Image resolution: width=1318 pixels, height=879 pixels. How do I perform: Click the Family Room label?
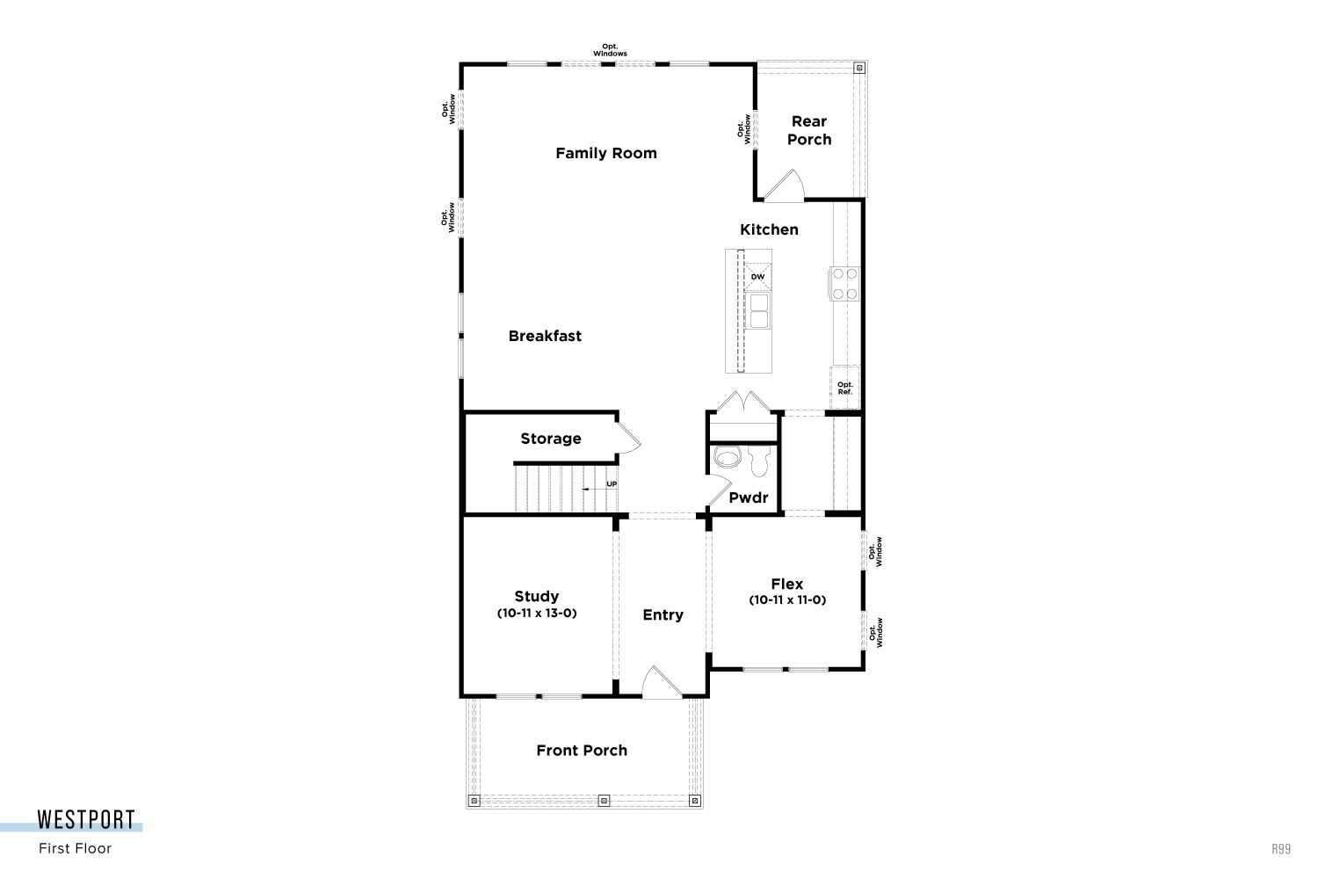606,153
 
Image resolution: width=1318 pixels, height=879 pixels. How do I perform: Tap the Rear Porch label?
809,130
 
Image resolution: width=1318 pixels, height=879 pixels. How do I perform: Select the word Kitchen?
769,229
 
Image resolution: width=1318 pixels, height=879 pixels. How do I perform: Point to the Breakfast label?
545,336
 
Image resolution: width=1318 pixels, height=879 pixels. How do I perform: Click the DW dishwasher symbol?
757,277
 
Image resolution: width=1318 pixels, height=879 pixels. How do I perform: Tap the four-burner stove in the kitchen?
845,283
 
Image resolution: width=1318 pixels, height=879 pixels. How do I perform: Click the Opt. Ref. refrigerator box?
845,388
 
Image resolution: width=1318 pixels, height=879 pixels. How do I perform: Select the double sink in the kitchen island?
758,311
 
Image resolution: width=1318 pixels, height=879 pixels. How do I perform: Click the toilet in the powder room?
760,461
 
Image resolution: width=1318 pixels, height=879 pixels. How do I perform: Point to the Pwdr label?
749,498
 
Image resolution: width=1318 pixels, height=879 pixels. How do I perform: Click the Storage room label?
551,439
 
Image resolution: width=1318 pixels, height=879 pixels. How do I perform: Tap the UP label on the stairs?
612,484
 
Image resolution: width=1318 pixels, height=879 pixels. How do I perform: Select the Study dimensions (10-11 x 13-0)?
537,613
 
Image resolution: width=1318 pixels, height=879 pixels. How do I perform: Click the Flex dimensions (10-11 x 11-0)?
787,600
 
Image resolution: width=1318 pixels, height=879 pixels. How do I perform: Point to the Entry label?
663,614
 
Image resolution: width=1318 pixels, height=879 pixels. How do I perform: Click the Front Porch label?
582,750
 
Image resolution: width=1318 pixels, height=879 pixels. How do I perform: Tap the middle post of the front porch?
604,801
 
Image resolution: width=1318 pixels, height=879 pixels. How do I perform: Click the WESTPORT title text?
86,819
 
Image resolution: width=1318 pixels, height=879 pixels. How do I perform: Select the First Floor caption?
76,848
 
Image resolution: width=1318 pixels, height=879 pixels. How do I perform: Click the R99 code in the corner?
1281,849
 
